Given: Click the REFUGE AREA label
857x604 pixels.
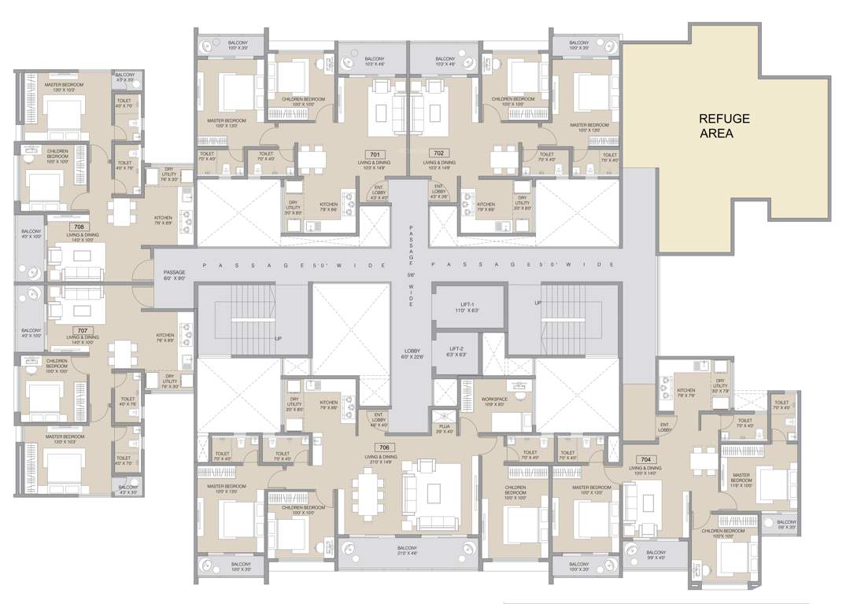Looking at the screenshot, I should [725, 126].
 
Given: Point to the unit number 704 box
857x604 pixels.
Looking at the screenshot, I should [646, 459].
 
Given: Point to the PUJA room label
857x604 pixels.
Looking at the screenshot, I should [445, 429].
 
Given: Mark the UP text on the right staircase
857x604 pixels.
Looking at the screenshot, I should [538, 302].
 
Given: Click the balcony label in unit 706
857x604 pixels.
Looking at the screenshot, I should [407, 550].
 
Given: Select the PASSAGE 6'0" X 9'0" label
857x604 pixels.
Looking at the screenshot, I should [174, 275].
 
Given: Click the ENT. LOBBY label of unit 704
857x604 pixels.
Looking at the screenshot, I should [665, 428].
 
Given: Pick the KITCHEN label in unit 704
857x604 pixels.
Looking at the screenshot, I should [686, 393].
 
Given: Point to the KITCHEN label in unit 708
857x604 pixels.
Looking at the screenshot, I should [163, 220].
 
